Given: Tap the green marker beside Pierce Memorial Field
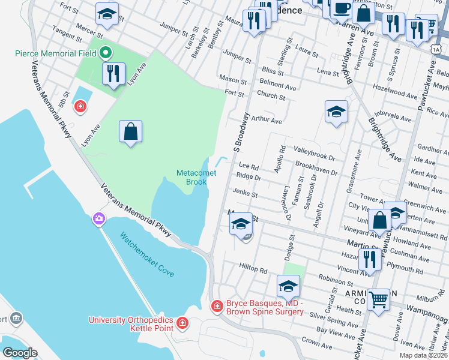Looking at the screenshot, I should click(107, 53).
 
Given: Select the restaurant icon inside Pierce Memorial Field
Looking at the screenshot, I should click(113, 74).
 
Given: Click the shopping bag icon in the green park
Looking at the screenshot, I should click(131, 131).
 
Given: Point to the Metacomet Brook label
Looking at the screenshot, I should click(192, 178).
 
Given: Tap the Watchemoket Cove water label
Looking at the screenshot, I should click(146, 254).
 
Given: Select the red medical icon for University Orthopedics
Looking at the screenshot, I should click(182, 325).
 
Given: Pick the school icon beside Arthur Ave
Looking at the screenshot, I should click(336, 112).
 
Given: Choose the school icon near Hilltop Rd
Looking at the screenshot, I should click(288, 286).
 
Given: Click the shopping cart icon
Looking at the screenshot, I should click(378, 298).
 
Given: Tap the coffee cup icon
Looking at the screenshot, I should click(342, 9).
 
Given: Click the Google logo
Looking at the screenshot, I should click(20, 353).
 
